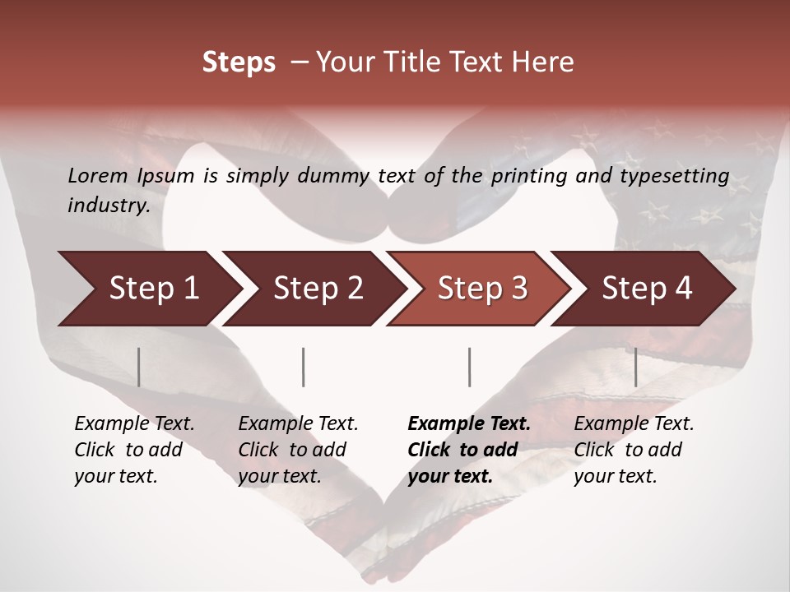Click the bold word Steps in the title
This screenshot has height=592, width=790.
point(239,62)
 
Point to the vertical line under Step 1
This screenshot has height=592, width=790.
point(139,367)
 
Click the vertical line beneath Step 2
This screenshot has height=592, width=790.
point(304,367)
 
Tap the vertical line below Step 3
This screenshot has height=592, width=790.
point(469,367)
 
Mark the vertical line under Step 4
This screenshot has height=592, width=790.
point(635,367)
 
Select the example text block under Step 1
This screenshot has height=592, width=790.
point(134,450)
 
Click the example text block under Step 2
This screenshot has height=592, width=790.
point(298,450)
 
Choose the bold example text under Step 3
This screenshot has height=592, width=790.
point(469,450)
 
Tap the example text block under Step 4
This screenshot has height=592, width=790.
point(634,450)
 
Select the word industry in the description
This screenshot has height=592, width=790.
point(108,206)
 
